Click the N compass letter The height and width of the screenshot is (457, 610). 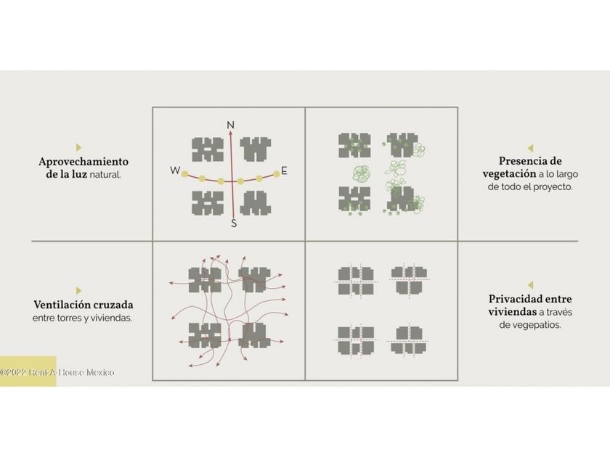(x=231, y=125)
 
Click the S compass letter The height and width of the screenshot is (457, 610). (x=233, y=223)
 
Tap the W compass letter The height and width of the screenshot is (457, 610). (x=175, y=170)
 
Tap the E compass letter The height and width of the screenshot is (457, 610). (x=285, y=170)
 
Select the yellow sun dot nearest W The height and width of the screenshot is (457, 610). (x=184, y=173)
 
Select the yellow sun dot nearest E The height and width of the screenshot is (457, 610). (x=276, y=173)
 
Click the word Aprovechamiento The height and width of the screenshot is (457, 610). (x=84, y=162)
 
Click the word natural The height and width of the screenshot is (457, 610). (x=105, y=175)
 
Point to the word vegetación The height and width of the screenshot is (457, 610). (x=509, y=173)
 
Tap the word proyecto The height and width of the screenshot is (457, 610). (x=553, y=186)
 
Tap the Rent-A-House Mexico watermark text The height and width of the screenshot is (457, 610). (x=57, y=372)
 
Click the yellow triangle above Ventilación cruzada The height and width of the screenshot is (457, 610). (x=79, y=291)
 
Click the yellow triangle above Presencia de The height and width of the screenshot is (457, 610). (x=531, y=148)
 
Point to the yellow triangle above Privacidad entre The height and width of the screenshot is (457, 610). (x=531, y=285)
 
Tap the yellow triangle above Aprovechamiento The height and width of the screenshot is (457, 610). (x=79, y=147)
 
